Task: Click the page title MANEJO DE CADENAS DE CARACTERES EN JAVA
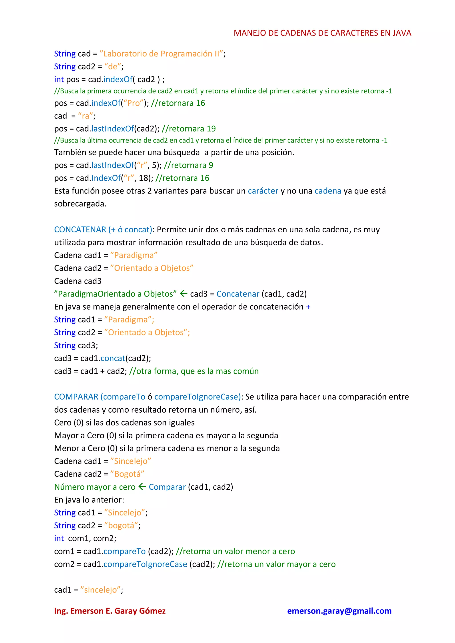pos(322,33)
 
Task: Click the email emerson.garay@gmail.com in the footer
pos(339,611)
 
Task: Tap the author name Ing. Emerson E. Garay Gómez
pos(110,611)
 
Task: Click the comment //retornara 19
pos(189,129)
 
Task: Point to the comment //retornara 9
pos(188,165)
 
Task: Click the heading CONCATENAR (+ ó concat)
pos(103,230)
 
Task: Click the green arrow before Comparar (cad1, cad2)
pos(142,487)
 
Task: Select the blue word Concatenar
pos(238,294)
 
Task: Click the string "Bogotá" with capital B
pos(127,474)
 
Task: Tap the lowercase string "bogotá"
pos(121,525)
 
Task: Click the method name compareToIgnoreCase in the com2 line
pos(145,564)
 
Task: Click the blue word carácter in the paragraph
pos(263,191)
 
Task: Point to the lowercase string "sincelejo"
pos(100,590)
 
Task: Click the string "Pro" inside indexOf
pos(134,103)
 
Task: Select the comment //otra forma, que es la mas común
pos(194,371)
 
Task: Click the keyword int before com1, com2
pos(59,538)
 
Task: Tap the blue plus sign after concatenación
pos(308,307)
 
